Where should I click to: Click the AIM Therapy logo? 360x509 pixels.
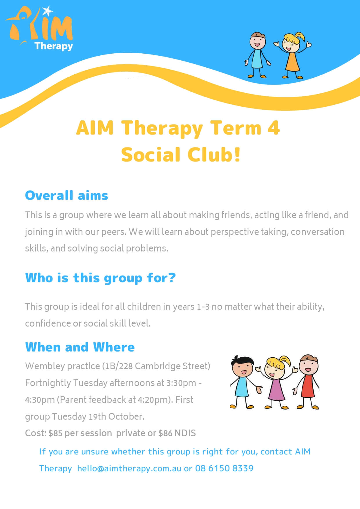pos(39,29)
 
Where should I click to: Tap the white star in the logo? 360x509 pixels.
pos(48,11)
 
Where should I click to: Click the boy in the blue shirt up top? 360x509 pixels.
pos(257,55)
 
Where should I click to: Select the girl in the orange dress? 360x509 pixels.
pos(292,55)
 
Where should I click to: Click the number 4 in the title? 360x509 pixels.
pos(274,128)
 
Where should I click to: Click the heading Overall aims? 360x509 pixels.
pos(66,195)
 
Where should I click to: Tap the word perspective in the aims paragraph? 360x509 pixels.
pos(234,232)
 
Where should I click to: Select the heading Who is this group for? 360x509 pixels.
pos(100,278)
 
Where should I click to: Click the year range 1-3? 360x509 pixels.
pos(203,307)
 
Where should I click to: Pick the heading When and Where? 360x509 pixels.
pos(80,347)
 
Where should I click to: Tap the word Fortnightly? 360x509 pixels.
pos(48,383)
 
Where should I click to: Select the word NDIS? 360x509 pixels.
pos(185,433)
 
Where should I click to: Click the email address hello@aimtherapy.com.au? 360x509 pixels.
pos(129,468)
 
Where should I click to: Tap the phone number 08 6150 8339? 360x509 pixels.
pos(224,468)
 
